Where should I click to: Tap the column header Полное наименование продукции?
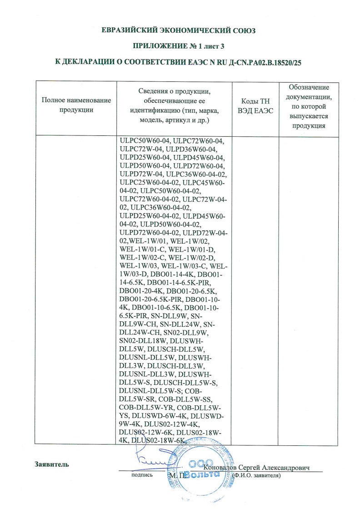[x=76, y=105]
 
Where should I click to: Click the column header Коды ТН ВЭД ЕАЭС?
[x=255, y=105]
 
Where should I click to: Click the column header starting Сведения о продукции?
[x=175, y=105]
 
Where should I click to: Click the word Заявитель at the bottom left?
[x=52, y=464]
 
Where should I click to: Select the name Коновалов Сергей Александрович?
[x=257, y=468]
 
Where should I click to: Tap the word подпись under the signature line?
[x=141, y=475]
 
